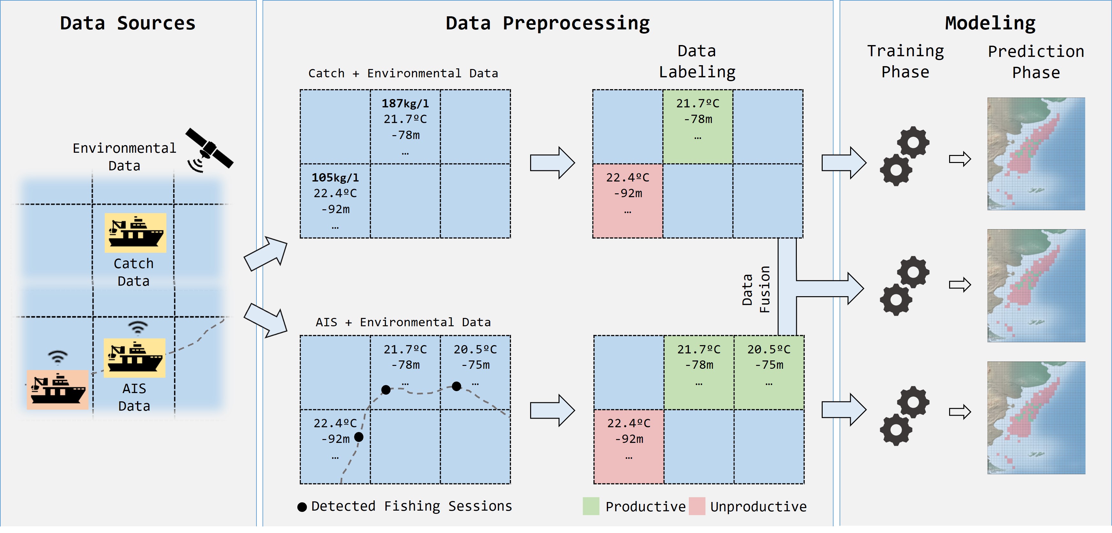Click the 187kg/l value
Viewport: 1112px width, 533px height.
coord(405,103)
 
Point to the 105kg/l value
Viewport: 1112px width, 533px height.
coord(335,178)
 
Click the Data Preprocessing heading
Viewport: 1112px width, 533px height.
coord(547,23)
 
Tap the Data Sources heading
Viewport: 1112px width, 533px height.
coord(128,23)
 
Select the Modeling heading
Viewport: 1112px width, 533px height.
coord(990,23)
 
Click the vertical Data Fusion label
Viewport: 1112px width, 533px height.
coord(756,289)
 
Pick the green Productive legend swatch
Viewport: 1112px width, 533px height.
coord(591,506)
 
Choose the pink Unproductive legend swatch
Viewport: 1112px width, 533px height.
coord(697,506)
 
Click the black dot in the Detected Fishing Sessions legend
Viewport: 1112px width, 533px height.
coord(302,507)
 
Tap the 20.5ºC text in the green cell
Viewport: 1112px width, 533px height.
coord(769,350)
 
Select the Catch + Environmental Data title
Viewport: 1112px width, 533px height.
coord(403,73)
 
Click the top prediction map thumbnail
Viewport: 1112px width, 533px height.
coord(1036,154)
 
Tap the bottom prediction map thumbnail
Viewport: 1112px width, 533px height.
coord(1036,418)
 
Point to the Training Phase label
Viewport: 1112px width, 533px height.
coord(905,61)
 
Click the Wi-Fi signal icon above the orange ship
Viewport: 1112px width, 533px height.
coord(57,357)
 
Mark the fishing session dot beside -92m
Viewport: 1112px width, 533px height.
coord(359,437)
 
